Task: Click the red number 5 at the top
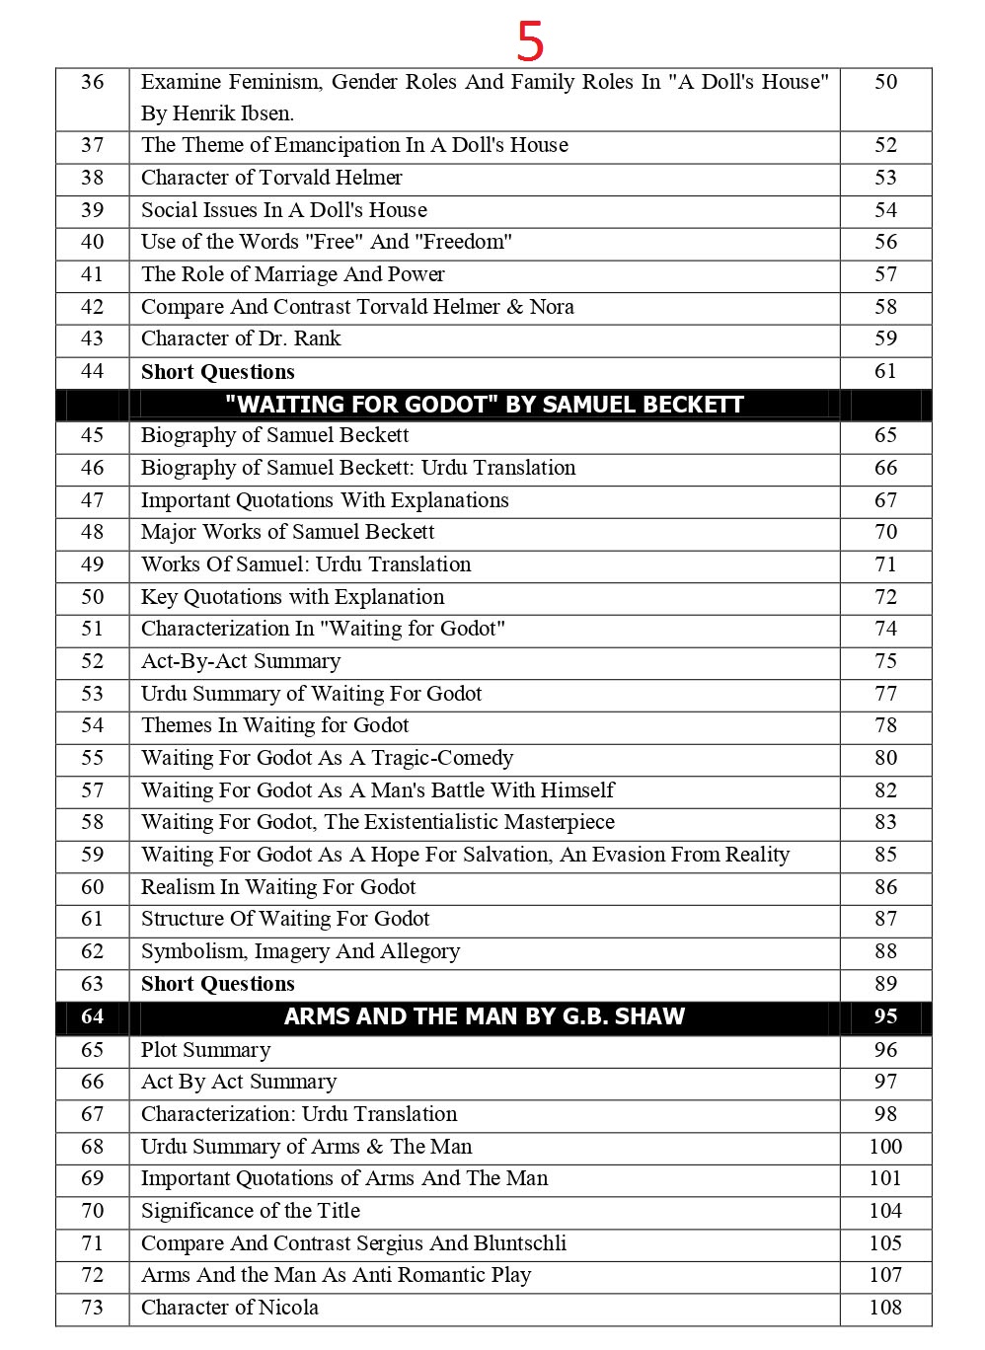[530, 41]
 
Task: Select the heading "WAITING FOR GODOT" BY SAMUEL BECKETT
[484, 405]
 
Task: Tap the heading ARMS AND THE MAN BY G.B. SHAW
[484, 1016]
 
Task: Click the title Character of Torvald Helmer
[271, 178]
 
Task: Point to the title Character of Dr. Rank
[241, 338]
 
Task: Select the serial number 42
[92, 307]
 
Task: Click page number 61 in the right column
[885, 371]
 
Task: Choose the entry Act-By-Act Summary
[241, 661]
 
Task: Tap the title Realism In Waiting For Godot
[278, 887]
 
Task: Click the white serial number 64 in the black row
[92, 1016]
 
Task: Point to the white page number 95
[885, 1016]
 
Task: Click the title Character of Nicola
[230, 1308]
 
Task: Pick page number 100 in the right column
[885, 1147]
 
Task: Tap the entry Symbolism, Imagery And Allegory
[300, 951]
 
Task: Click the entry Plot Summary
[205, 1050]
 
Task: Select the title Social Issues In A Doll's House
[284, 210]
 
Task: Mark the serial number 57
[92, 790]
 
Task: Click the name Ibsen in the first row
[265, 113]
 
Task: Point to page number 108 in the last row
[885, 1308]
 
